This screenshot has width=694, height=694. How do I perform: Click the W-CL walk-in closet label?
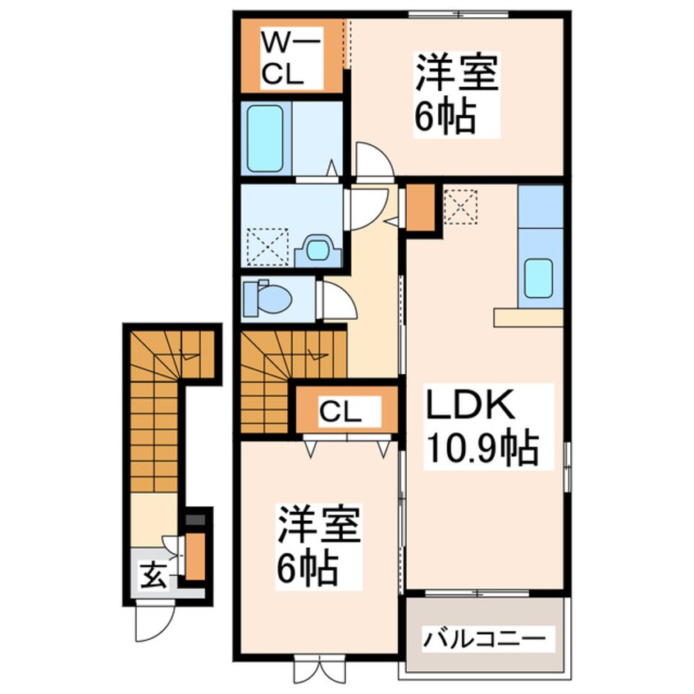pos(290,57)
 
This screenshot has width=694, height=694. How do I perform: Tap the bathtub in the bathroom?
pos(265,138)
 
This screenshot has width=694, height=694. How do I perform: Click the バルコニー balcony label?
pos(483,638)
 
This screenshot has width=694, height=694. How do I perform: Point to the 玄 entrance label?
pos(154,575)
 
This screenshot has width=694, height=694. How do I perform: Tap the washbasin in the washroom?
pos(318,250)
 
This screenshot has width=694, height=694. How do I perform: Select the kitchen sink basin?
pos(539,278)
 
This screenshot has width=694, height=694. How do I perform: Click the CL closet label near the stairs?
pos(340,412)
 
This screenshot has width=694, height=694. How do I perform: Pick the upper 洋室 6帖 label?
pos(456,94)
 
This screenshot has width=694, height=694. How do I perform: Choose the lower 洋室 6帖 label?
pos(318,546)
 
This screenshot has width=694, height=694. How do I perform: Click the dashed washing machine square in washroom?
pos(267,247)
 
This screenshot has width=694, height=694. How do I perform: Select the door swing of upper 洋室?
pos(374,160)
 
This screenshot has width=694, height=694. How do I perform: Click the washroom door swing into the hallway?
pos(368,208)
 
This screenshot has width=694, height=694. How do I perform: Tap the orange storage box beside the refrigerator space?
pos(421,208)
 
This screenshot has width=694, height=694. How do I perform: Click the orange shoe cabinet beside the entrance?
pos(194,556)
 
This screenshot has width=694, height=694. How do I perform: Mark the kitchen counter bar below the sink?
pos(528,317)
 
